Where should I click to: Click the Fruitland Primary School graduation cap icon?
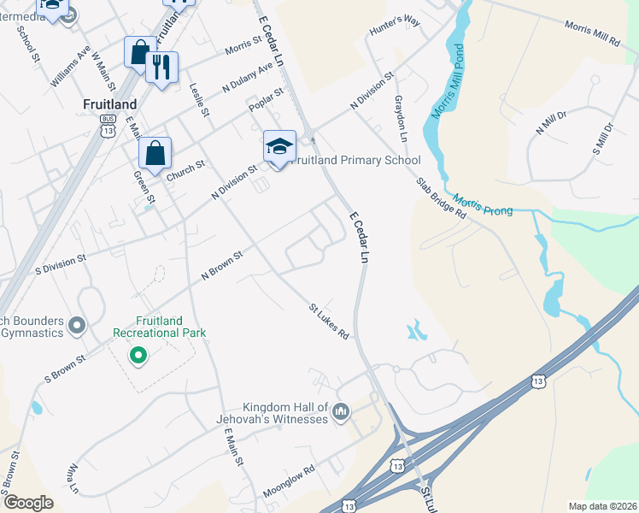[279, 146]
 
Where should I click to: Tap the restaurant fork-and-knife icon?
[161, 67]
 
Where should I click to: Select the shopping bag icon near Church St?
[155, 154]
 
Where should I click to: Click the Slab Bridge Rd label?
[441, 198]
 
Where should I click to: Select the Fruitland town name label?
[110, 104]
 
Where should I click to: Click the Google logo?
[28, 503]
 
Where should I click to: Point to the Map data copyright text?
[602, 506]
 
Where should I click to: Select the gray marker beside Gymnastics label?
[78, 325]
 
